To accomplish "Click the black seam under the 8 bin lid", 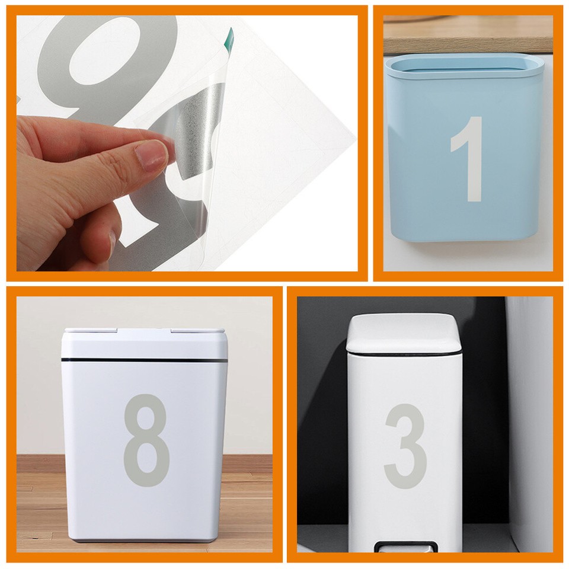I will pyautogui.click(x=144, y=360).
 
